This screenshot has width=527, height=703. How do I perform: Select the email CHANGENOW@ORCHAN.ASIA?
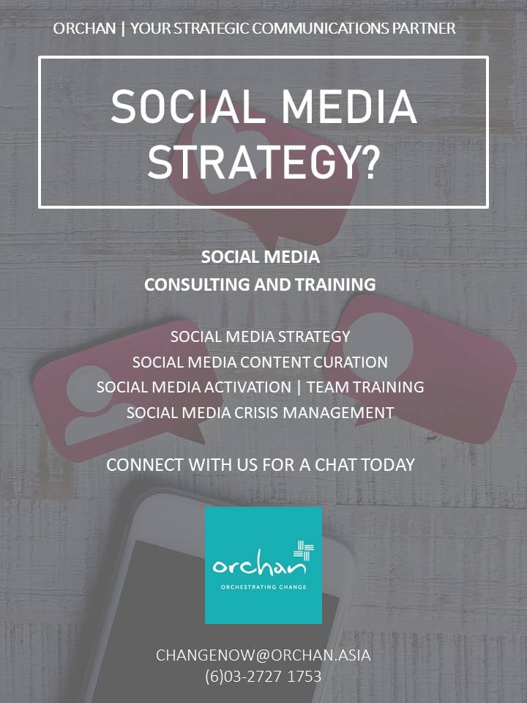(263, 655)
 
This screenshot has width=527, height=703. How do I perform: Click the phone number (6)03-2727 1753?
(263, 676)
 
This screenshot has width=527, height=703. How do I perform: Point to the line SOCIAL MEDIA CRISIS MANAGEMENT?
(260, 412)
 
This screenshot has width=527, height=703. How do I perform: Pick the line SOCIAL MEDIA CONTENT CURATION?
(260, 362)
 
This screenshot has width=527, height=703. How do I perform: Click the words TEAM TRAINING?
(365, 387)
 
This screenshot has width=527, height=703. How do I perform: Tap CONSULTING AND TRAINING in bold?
(260, 284)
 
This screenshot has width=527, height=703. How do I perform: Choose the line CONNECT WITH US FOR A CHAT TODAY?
(261, 464)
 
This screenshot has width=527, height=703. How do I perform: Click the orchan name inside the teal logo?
(253, 566)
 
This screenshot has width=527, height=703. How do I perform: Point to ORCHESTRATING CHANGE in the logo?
(263, 587)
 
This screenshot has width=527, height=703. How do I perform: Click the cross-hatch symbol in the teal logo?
(302, 551)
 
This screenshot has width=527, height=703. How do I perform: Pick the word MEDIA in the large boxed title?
(354, 107)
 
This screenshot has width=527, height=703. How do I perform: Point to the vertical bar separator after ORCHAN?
(123, 29)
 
